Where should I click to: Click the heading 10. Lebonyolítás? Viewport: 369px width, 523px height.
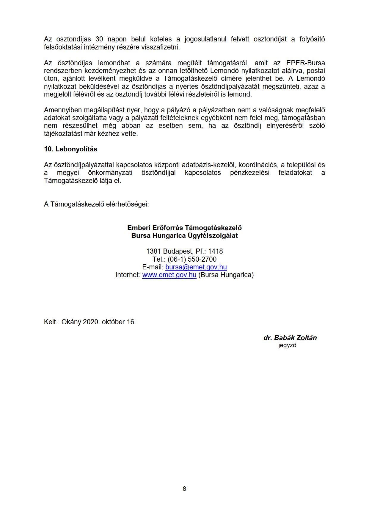point(70,149)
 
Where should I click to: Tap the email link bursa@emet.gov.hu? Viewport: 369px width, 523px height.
point(196,267)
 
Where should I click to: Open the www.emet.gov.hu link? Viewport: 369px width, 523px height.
point(169,275)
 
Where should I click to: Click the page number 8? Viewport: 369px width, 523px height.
point(184,489)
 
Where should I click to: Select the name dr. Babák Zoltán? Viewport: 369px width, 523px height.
point(290,338)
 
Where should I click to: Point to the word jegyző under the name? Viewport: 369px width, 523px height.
point(287,345)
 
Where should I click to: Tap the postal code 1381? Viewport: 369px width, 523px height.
point(153,251)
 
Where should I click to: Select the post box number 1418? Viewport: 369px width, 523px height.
point(215,251)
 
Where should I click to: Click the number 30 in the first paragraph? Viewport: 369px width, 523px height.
point(99,39)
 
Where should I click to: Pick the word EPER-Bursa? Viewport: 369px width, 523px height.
point(305,63)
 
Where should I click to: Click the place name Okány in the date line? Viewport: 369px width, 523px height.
point(71,322)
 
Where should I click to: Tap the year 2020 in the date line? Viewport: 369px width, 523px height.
point(91,322)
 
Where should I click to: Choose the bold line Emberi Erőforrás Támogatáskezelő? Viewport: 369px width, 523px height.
point(184,228)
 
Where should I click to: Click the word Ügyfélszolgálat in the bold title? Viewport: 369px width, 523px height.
point(213,236)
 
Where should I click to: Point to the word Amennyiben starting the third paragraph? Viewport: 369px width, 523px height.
point(63,110)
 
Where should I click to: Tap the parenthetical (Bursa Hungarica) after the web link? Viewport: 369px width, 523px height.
point(226,275)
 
